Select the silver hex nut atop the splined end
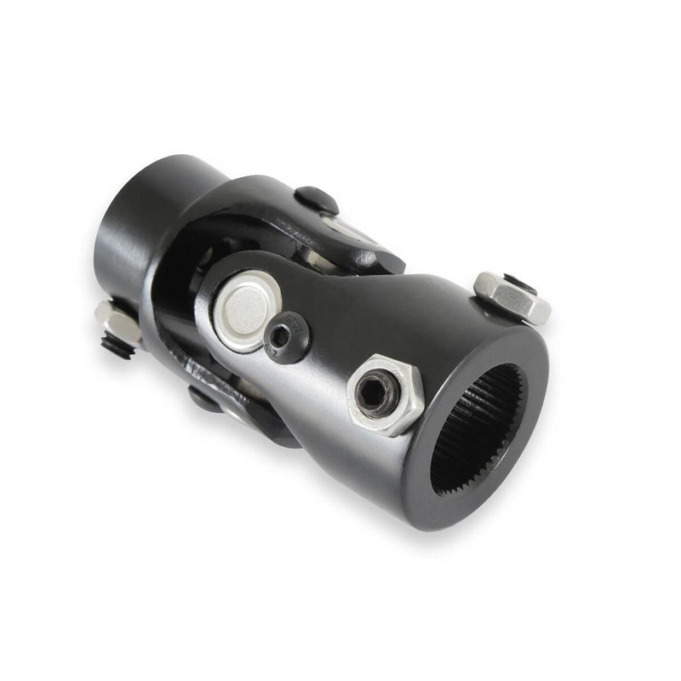pyautogui.click(x=512, y=297)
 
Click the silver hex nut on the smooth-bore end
pyautogui.click(x=117, y=322)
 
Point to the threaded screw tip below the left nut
pyautogui.click(x=117, y=346)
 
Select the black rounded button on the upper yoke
pyautogui.click(x=317, y=201)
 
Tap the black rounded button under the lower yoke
pyautogui.click(x=205, y=398)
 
